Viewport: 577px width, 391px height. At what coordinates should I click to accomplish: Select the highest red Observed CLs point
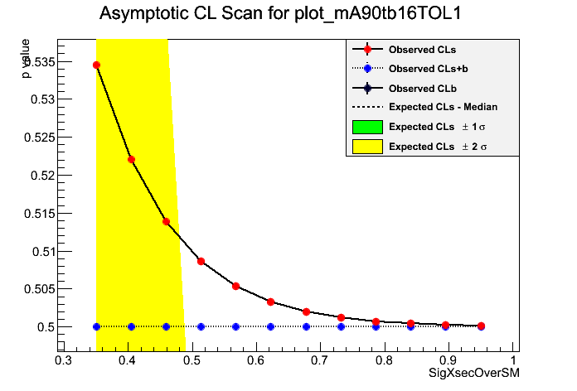[97, 65]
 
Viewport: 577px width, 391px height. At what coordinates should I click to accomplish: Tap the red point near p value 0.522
[131, 159]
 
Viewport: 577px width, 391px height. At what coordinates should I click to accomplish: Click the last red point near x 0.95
[481, 326]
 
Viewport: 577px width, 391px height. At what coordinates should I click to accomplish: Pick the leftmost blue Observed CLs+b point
[97, 326]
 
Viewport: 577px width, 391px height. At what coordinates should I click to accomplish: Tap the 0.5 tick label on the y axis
[46, 326]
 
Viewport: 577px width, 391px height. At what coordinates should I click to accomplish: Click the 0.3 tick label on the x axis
[62, 361]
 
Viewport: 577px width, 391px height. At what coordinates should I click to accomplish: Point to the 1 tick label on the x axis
[514, 361]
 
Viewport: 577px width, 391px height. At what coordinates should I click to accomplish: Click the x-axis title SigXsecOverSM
[473, 375]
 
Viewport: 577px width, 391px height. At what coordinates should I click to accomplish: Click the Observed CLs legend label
[422, 50]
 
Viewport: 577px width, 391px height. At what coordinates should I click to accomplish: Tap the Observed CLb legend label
[422, 87]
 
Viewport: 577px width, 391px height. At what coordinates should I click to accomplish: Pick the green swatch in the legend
[367, 127]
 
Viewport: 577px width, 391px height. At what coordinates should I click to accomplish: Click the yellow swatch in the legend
[367, 146]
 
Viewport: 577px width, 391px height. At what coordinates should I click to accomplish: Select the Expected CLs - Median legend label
[443, 107]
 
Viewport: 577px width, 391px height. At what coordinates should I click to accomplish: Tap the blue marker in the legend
[367, 69]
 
